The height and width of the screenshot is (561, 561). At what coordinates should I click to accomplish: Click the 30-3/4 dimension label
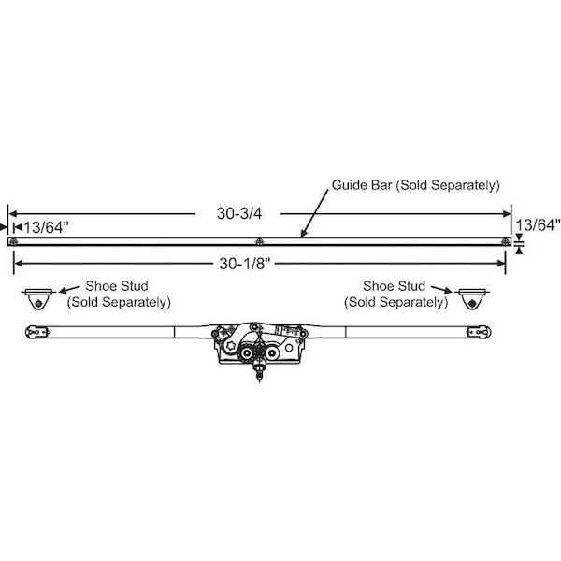(239, 213)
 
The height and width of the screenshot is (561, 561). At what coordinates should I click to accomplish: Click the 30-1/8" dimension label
(245, 264)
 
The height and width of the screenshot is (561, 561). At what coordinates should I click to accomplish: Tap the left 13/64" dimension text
(46, 227)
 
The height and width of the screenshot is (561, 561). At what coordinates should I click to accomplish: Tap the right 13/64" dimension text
(538, 225)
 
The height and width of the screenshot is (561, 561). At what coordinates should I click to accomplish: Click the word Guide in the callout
(349, 185)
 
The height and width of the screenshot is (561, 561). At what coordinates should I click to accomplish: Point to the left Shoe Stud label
(117, 286)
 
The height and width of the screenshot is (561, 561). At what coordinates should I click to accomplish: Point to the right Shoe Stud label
(394, 286)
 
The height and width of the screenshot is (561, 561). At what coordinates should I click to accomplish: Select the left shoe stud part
(38, 299)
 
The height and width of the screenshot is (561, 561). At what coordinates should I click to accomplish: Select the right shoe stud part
(472, 299)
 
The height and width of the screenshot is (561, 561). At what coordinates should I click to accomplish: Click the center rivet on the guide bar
(259, 242)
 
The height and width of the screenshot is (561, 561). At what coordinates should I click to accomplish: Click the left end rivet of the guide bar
(14, 241)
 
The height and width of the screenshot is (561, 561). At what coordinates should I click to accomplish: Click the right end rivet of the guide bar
(506, 242)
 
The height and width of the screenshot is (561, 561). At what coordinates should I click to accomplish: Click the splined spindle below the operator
(259, 372)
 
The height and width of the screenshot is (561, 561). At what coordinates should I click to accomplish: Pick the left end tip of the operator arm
(25, 332)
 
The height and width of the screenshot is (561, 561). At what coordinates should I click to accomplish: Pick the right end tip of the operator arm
(491, 332)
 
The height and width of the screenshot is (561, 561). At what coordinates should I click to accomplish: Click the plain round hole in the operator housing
(289, 348)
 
